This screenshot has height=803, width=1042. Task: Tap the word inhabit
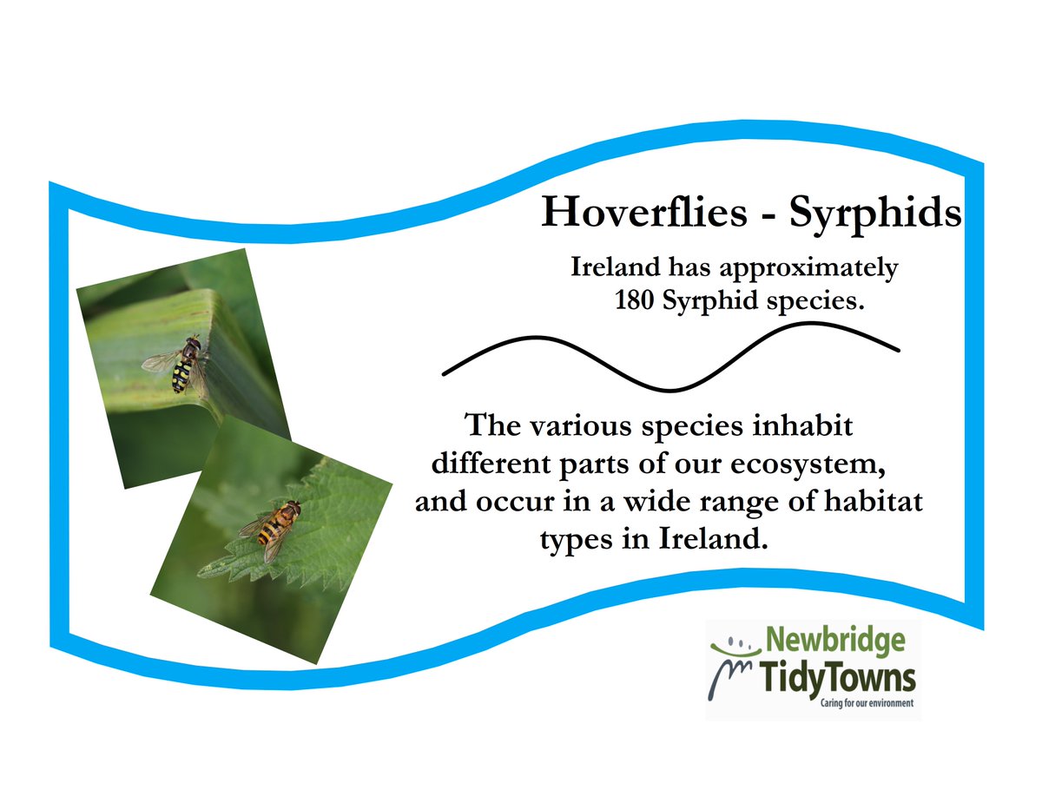[799, 426]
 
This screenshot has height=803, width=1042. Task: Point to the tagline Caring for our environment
[867, 703]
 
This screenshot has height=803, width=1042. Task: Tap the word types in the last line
[576, 541]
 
